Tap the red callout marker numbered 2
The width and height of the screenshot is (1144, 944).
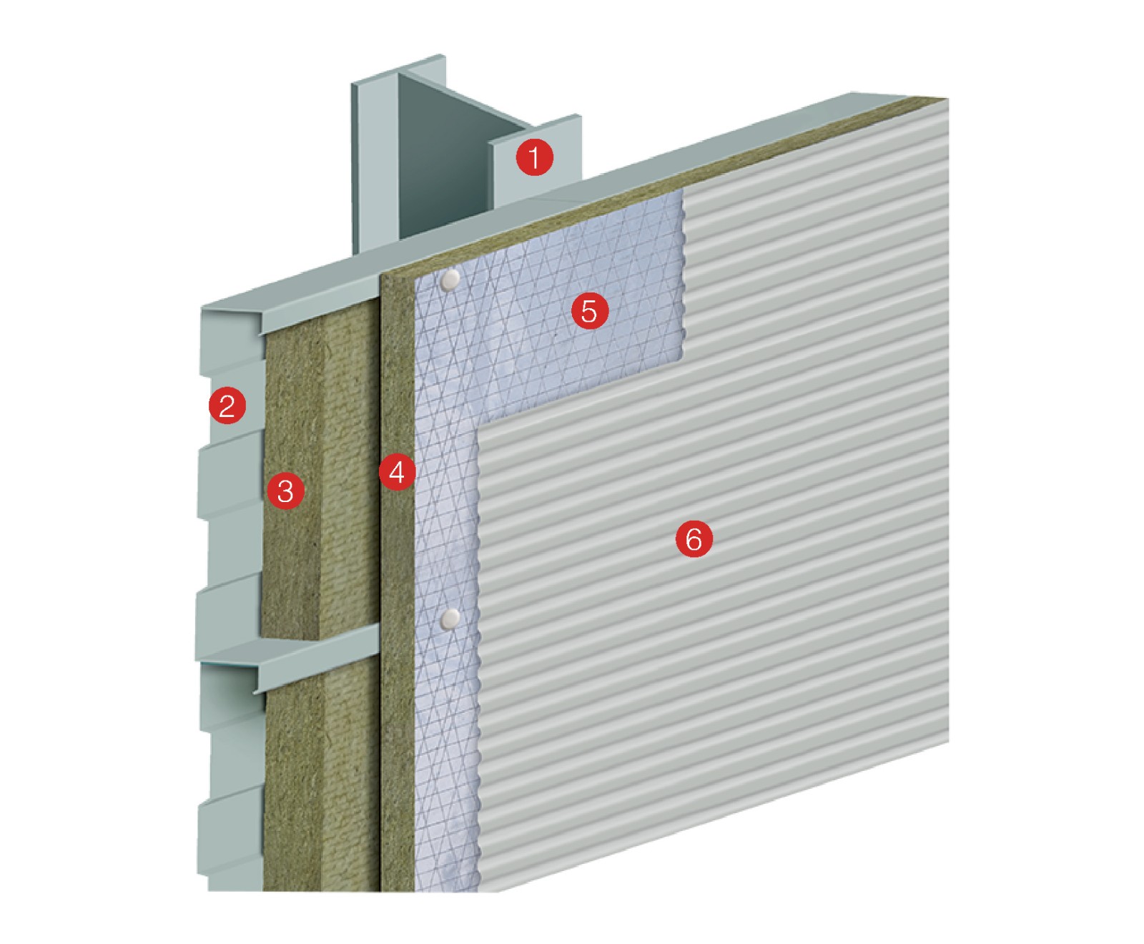[227, 405]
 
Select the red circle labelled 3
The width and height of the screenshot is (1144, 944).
[285, 491]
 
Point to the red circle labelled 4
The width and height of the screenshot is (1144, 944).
[397, 472]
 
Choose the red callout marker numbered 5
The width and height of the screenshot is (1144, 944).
[589, 311]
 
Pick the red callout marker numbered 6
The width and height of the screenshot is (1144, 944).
[694, 539]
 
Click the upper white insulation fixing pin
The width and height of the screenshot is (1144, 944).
[450, 280]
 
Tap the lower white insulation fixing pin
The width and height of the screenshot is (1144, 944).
[450, 619]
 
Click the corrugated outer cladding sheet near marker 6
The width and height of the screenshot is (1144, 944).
[715, 608]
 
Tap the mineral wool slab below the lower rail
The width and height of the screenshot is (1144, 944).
[322, 780]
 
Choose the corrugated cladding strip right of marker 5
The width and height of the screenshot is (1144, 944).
[815, 236]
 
